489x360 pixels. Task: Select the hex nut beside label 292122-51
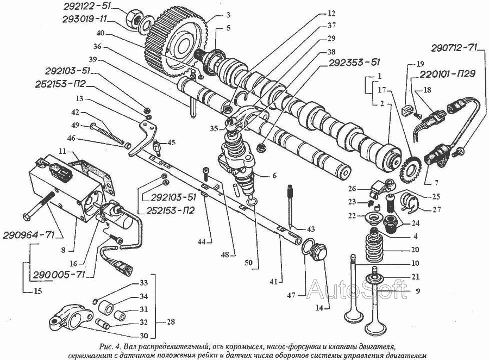click(x=134, y=18)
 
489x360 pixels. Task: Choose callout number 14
click(x=320, y=308)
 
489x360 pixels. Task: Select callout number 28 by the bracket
click(x=171, y=322)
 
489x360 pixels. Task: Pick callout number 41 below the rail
click(x=273, y=282)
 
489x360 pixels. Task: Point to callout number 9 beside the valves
click(x=417, y=291)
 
